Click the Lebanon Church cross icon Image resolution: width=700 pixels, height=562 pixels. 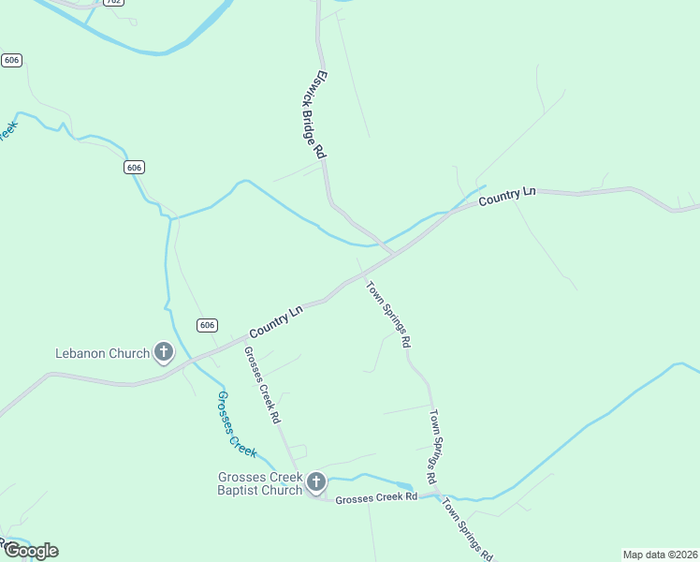[x=164, y=353]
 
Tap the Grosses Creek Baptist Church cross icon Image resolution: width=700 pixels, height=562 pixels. [x=316, y=482]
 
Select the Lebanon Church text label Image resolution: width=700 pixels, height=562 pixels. [x=103, y=354]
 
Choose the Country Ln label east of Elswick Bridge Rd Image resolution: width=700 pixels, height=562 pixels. [x=507, y=197]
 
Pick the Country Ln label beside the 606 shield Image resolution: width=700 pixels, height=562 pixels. [x=277, y=322]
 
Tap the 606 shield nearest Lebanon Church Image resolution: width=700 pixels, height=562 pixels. [x=208, y=325]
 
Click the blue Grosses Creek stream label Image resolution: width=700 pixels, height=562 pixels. [x=236, y=422]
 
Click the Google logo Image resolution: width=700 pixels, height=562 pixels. [x=31, y=551]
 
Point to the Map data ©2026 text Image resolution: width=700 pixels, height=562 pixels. [x=659, y=555]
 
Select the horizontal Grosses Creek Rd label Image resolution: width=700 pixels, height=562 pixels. [x=376, y=497]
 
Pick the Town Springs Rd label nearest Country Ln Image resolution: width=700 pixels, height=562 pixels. [x=388, y=316]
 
